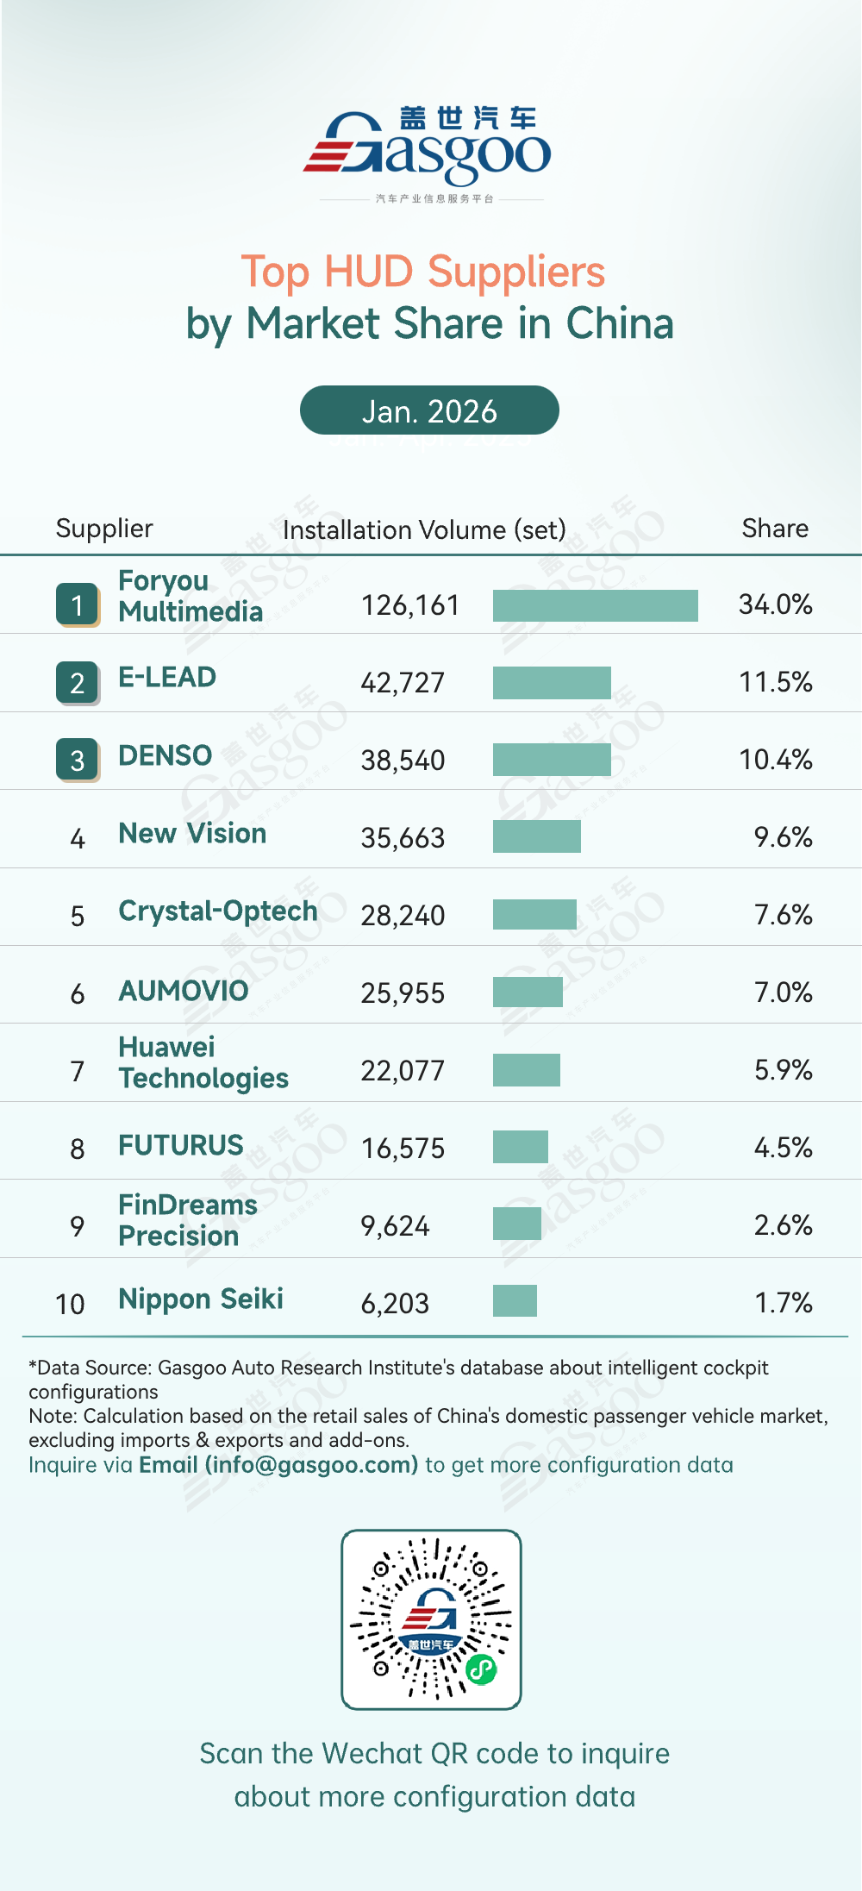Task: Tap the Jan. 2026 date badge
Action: click(x=429, y=410)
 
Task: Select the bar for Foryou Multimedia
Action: click(x=595, y=605)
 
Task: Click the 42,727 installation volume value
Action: click(x=403, y=683)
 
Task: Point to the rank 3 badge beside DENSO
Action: click(x=78, y=760)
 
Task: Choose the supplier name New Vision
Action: click(x=192, y=833)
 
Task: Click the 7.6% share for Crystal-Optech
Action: click(x=783, y=915)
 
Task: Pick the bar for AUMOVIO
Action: click(x=528, y=992)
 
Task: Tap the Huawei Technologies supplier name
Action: click(x=203, y=1062)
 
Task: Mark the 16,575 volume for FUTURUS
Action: click(x=403, y=1149)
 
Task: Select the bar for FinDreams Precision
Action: click(x=517, y=1224)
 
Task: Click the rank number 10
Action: click(x=70, y=1304)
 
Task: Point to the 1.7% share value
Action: click(x=783, y=1303)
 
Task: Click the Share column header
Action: click(x=775, y=529)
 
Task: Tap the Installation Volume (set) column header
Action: click(x=424, y=529)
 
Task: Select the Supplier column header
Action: click(x=104, y=529)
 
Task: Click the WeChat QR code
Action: click(x=431, y=1619)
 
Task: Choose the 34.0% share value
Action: click(x=775, y=604)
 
